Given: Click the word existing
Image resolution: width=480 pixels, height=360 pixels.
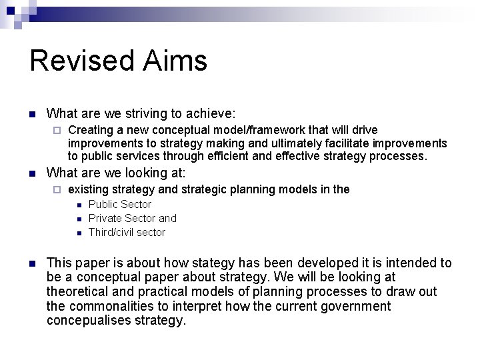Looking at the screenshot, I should (x=89, y=189).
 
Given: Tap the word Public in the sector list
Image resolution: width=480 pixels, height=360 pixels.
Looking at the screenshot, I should (x=103, y=205).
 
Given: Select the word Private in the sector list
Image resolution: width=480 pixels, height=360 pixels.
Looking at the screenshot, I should (x=105, y=219).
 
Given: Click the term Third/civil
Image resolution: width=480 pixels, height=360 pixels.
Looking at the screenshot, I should (x=111, y=233).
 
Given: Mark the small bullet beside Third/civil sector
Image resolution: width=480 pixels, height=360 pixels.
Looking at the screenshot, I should (x=78, y=233).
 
